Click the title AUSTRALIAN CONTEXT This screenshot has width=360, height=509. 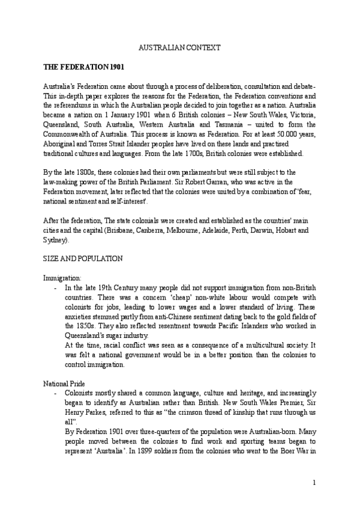(180, 47)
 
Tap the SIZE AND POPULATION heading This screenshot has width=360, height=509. (83, 258)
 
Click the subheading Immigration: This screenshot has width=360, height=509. (62, 278)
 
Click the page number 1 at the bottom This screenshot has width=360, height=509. (314, 483)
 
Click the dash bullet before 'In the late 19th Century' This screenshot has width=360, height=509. (56, 288)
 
